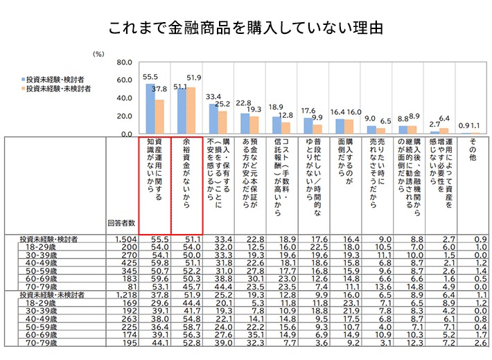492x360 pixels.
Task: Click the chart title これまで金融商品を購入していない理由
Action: (246, 29)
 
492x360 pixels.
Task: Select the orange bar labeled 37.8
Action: (159, 116)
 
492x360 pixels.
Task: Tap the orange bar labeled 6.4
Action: (444, 131)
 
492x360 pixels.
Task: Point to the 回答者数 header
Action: (121, 223)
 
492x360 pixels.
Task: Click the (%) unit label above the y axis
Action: (98, 53)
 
